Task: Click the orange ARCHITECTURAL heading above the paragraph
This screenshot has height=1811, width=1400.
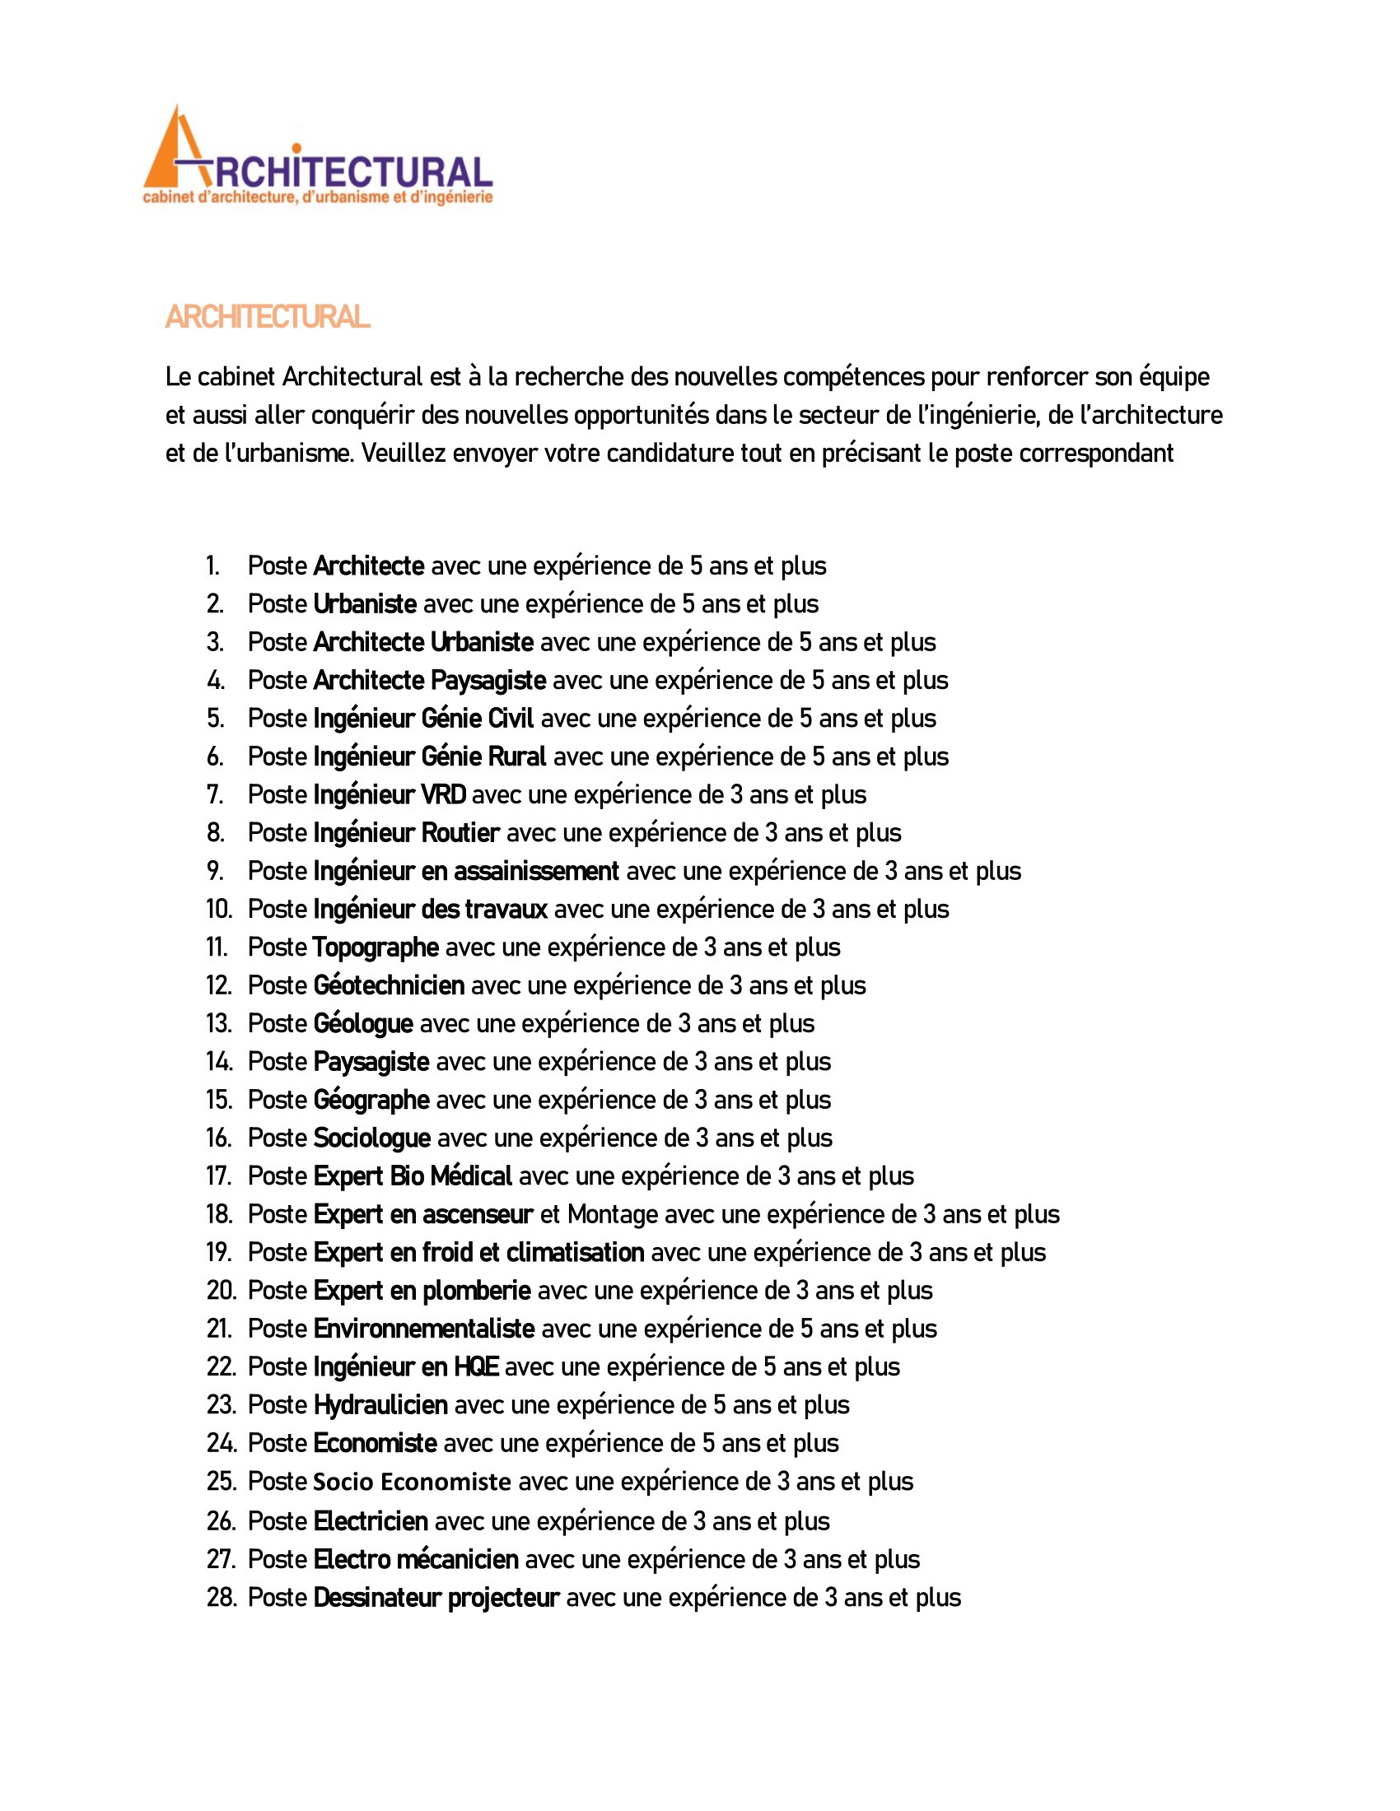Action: click(x=267, y=317)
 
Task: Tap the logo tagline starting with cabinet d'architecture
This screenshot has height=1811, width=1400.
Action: click(x=318, y=198)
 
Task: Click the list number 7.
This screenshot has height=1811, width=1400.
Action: click(x=214, y=794)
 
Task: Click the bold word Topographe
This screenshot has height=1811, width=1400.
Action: click(x=376, y=947)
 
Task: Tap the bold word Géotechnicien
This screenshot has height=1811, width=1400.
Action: click(x=388, y=985)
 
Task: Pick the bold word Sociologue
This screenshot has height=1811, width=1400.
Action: click(x=371, y=1138)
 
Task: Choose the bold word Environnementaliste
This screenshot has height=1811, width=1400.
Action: click(x=423, y=1329)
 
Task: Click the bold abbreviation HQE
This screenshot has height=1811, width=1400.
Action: click(x=476, y=1366)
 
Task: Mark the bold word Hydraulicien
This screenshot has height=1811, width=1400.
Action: click(x=380, y=1404)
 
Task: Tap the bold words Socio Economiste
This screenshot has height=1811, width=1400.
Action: click(x=412, y=1482)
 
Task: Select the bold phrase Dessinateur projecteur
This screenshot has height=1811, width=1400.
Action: click(x=436, y=1597)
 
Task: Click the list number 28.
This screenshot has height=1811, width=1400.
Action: click(x=220, y=1597)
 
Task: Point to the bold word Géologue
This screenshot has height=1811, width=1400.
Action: click(x=362, y=1023)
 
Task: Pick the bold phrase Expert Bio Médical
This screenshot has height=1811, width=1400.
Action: click(x=413, y=1176)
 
